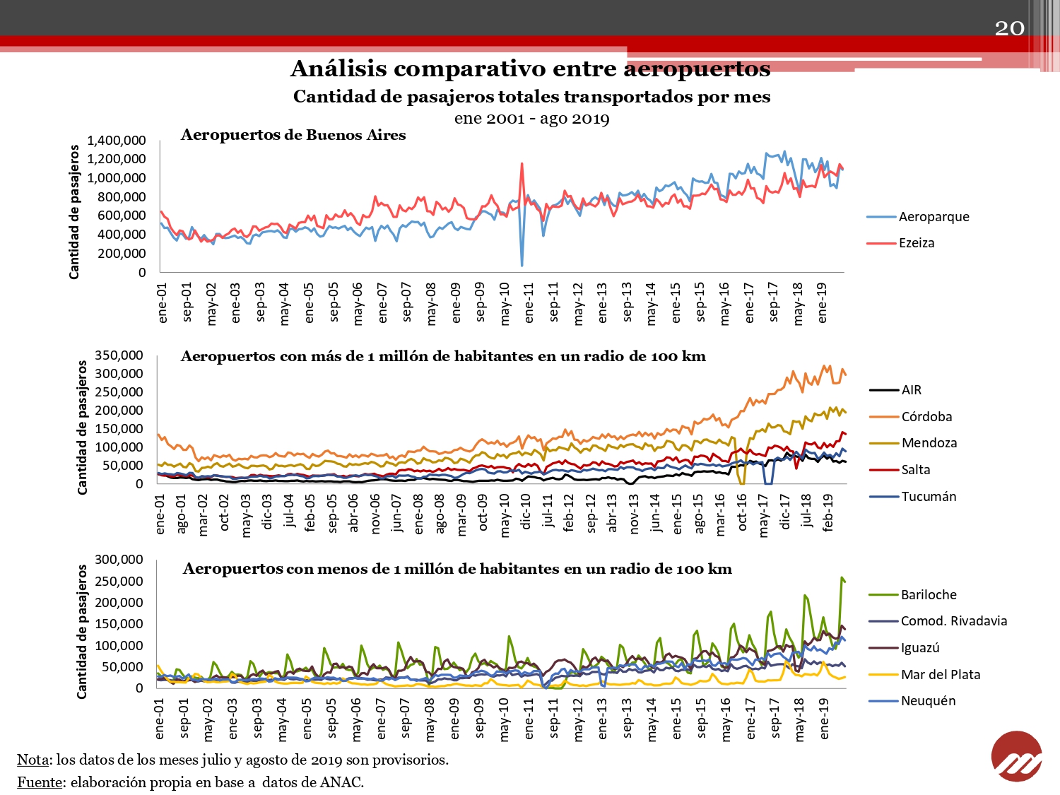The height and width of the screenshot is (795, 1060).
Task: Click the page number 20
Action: pyautogui.click(x=1009, y=28)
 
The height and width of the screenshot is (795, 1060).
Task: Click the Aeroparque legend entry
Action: pyautogui.click(x=917, y=217)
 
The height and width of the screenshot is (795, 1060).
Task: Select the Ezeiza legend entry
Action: pyautogui.click(x=900, y=243)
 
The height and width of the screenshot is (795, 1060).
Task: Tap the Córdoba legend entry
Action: pyautogui.click(x=910, y=416)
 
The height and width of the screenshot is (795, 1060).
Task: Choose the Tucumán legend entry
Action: pyautogui.click(x=912, y=496)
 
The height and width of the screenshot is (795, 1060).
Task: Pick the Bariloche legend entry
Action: pyautogui.click(x=912, y=594)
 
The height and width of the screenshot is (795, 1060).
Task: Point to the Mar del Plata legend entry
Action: pyautogui.click(x=924, y=674)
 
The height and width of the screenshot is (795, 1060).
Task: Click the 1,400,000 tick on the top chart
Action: pyautogui.click(x=117, y=141)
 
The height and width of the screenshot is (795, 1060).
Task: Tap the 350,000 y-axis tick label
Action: pyautogui.click(x=119, y=355)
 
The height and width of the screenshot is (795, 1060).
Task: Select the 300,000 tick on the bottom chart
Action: pyautogui.click(x=119, y=560)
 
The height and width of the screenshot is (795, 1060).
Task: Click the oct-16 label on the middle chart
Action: pyautogui.click(x=742, y=512)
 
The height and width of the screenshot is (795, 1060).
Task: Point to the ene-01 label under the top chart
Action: pyautogui.click(x=162, y=302)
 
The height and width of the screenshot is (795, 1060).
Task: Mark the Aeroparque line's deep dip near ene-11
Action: pyautogui.click(x=522, y=265)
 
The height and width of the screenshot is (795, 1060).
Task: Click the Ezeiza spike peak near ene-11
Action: pyautogui.click(x=522, y=164)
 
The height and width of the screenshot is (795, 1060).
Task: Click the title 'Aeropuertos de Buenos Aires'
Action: pyautogui.click(x=293, y=135)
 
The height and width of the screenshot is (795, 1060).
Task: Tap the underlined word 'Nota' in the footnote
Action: pyautogui.click(x=33, y=759)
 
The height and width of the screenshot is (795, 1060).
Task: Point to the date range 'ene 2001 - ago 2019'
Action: pyautogui.click(x=531, y=118)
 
